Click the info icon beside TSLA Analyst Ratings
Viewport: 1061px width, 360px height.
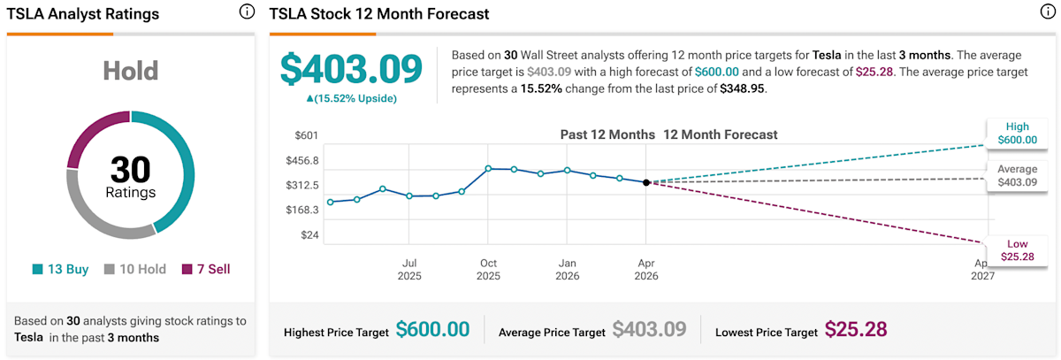point(248,13)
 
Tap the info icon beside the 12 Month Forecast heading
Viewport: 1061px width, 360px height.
point(1047,13)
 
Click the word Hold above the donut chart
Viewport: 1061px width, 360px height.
point(130,71)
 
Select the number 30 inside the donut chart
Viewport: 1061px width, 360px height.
point(130,169)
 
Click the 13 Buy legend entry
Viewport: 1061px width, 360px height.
point(61,269)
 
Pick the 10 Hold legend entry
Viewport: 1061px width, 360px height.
point(136,269)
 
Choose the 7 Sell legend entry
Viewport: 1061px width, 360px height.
point(206,269)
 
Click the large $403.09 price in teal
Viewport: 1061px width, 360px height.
point(351,69)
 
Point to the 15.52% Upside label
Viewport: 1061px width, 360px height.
point(351,98)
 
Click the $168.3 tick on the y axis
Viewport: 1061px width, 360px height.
point(303,210)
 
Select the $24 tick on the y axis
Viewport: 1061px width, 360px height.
point(309,235)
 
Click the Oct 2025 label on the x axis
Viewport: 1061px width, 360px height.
point(488,269)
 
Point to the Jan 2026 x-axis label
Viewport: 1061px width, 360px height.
point(568,269)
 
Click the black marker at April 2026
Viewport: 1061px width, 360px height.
point(646,182)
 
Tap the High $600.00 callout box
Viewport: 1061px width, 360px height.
point(1017,134)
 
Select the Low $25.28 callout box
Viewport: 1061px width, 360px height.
point(1017,250)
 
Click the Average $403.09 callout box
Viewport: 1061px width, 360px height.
point(1017,175)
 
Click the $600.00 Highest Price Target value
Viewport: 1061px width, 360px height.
point(432,330)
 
